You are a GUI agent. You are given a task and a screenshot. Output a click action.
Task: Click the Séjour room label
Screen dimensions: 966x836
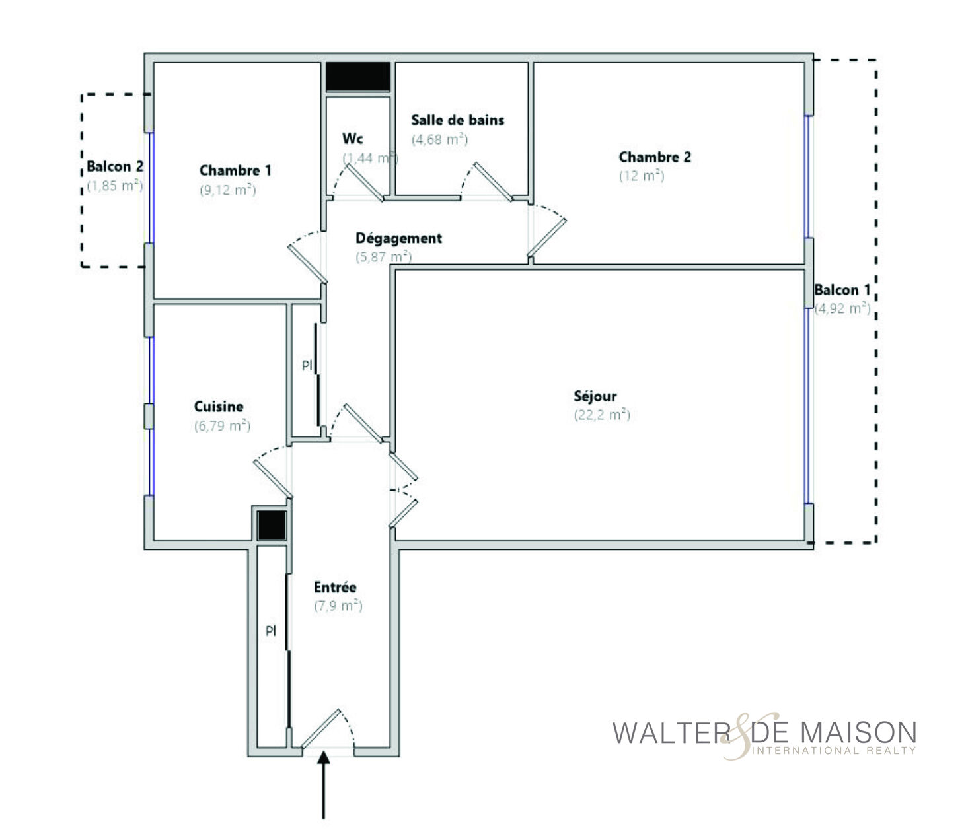(x=595, y=396)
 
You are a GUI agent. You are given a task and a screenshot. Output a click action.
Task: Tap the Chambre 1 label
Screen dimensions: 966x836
(x=235, y=170)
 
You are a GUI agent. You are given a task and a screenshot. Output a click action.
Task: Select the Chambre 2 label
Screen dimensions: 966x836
(x=654, y=157)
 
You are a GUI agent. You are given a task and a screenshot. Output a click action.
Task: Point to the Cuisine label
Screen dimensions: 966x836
(x=218, y=406)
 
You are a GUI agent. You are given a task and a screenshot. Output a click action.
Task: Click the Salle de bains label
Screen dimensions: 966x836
(x=457, y=120)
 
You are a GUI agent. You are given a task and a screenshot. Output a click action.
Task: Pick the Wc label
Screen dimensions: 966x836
(x=352, y=139)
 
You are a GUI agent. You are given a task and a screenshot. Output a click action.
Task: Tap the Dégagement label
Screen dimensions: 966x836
(x=398, y=238)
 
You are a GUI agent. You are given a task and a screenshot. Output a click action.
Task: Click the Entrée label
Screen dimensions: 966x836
(x=335, y=587)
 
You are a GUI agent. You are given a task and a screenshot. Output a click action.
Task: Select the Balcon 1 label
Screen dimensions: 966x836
(x=842, y=290)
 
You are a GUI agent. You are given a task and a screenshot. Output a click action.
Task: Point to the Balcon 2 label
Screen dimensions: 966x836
(x=115, y=166)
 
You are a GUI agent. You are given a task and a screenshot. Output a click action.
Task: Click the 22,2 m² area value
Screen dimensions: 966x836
(x=602, y=415)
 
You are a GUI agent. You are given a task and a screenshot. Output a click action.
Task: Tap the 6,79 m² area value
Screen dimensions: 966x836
(x=222, y=425)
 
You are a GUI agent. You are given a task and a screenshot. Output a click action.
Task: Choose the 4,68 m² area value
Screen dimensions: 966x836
(x=439, y=139)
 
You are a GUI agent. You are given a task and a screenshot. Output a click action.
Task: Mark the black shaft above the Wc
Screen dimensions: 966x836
(x=358, y=77)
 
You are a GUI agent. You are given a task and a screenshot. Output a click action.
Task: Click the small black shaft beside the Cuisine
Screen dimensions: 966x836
(x=272, y=526)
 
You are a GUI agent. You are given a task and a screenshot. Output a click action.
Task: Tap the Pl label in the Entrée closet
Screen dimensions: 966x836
(x=271, y=631)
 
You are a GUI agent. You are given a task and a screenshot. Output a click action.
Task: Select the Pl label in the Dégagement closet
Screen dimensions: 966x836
(x=307, y=366)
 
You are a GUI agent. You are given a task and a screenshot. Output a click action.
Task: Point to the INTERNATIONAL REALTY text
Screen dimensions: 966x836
(x=833, y=751)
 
